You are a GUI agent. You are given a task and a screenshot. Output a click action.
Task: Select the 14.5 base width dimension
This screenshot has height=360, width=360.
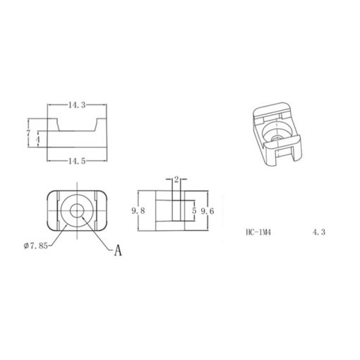78,161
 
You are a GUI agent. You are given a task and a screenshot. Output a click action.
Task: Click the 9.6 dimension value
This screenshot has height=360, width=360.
207,210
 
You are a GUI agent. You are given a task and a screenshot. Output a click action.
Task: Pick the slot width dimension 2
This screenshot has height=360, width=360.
176,179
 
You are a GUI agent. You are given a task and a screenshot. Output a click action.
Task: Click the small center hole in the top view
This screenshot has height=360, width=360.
78,209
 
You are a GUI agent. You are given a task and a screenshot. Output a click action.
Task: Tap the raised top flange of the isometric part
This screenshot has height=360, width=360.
272,108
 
